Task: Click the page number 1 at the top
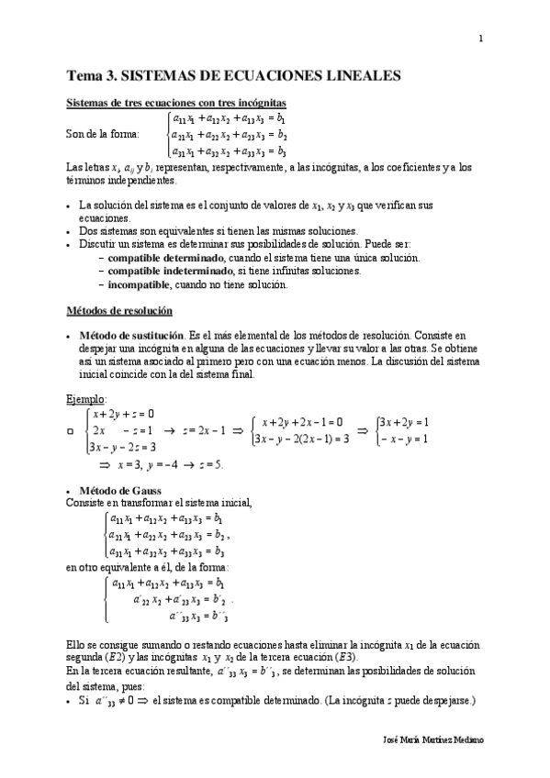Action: (480, 38)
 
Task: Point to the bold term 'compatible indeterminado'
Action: (170, 271)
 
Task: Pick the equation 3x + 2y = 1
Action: (405, 422)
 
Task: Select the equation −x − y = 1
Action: (405, 439)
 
